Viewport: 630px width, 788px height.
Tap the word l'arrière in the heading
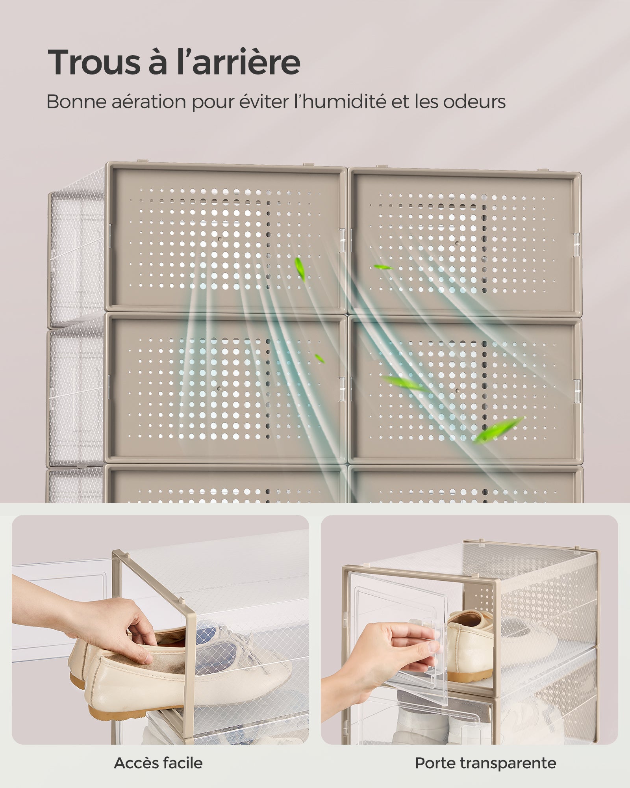click(238, 62)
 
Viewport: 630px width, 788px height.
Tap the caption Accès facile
click(158, 763)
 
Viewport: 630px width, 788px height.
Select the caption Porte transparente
click(485, 763)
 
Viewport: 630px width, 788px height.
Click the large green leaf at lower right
click(498, 429)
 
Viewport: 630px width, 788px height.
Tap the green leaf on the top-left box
click(300, 269)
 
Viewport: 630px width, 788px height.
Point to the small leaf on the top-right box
click(383, 267)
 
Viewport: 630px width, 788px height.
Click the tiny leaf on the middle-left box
click(319, 359)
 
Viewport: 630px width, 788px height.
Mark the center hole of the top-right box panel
click(457, 243)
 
